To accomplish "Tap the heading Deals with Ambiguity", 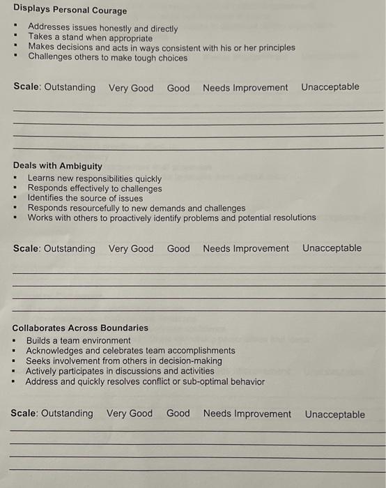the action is (58, 166).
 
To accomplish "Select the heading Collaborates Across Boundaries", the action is (80, 328).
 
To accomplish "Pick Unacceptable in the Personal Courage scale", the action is (330, 87).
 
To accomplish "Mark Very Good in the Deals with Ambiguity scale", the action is (131, 248).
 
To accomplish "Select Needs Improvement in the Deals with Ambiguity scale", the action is (246, 248).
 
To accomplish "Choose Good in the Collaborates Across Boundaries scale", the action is (178, 413).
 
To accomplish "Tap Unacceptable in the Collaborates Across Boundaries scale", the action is (334, 414).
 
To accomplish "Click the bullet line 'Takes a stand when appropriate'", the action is (90, 38).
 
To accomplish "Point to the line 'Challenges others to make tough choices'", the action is (107, 58).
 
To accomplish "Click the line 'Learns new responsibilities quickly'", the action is (94, 178).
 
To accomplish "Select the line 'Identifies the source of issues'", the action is (85, 198).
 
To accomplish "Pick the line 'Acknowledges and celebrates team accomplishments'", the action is (130, 351).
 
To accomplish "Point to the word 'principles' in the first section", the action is (274, 48).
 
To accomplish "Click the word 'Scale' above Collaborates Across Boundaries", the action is (26, 248).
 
